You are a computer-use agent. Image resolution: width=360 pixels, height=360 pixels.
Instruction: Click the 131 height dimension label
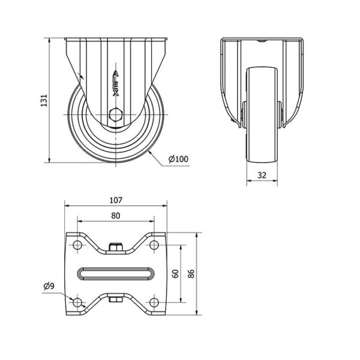coord(44,100)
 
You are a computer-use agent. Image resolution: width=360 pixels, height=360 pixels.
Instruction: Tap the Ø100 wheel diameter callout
coord(178,159)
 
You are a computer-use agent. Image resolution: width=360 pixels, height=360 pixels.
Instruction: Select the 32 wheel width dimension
coord(262,175)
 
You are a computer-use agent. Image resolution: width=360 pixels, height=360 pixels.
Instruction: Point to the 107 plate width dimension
coord(116,200)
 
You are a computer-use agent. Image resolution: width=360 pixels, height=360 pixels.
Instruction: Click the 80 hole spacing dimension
coord(116,215)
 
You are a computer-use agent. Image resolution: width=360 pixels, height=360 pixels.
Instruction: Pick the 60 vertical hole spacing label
coord(176,274)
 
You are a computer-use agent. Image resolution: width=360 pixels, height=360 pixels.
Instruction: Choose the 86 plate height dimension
coord(191,274)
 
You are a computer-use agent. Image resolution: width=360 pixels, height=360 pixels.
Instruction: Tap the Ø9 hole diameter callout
coord(49,286)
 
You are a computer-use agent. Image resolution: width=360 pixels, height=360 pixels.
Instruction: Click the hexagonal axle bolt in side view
coord(116,115)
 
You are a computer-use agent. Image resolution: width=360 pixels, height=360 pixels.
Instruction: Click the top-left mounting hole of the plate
coord(77,245)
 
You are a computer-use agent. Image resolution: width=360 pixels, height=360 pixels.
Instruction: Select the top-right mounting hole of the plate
coord(154,245)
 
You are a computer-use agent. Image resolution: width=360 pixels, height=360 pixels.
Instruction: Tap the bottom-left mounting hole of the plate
coord(77,302)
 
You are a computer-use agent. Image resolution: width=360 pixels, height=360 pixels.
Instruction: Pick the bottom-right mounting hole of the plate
coord(154,302)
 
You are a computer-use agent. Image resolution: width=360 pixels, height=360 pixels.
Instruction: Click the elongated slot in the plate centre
coord(116,274)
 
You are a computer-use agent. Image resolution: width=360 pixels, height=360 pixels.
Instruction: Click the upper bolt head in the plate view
coord(116,247)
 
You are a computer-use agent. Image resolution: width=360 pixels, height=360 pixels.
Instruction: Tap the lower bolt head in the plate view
coord(116,299)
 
